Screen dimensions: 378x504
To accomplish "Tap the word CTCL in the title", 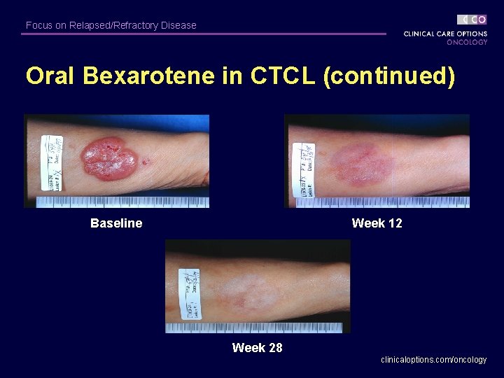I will (x=281, y=76).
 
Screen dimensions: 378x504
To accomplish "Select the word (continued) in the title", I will (x=389, y=76).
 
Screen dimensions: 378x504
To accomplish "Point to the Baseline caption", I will (x=116, y=223).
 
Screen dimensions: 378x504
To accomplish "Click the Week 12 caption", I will (x=377, y=223).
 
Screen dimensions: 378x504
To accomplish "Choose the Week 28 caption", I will (x=257, y=348).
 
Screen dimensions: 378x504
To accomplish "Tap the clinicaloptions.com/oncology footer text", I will (x=433, y=360).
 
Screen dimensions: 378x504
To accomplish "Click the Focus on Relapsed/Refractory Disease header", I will (x=111, y=25).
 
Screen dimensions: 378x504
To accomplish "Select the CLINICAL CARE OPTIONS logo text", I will (x=445, y=34).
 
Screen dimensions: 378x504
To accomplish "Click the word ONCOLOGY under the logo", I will (x=467, y=42).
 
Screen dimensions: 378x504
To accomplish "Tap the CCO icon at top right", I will (x=472, y=20).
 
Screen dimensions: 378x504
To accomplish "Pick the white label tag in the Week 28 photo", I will (x=189, y=289).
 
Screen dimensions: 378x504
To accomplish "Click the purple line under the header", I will (x=203, y=34).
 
